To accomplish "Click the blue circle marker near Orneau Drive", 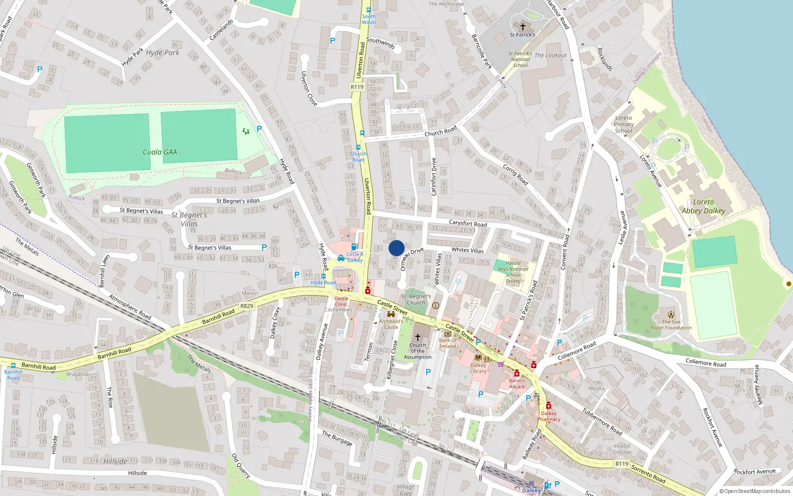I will tap(396, 248).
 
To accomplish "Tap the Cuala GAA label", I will tap(160, 152).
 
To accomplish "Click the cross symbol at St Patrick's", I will tap(522, 27).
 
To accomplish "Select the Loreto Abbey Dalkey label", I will tap(703, 206).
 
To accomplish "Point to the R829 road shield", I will tap(247, 306).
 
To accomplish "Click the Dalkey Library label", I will tap(478, 368).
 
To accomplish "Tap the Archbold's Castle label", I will tap(391, 324).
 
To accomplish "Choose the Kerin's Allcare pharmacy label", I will tap(517, 384).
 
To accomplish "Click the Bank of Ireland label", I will tap(448, 343).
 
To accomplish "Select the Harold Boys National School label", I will tap(513, 272).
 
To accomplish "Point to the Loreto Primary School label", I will tap(623, 124).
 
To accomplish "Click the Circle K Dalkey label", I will tap(355, 257).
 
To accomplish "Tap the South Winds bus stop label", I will tap(369, 19).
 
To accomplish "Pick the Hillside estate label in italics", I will tap(115, 461).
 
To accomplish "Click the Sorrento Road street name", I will tap(648, 474).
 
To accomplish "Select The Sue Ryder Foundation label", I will tap(671, 324).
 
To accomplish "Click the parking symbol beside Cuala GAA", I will tap(259, 129).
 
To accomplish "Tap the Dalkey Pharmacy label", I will tap(549, 416).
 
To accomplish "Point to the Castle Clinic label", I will tap(341, 302).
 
